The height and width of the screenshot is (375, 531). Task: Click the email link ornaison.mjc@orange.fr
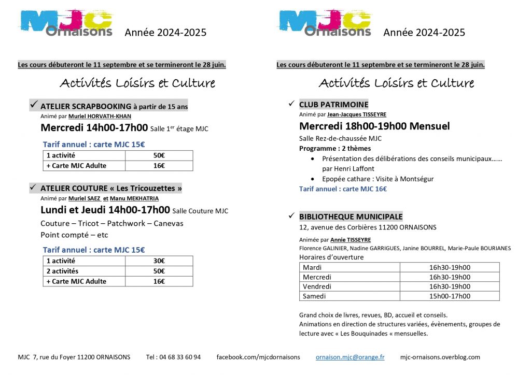[350, 357]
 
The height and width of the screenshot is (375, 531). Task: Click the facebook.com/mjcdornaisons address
[258, 357]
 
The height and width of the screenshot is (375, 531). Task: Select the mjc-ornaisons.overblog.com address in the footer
[440, 357]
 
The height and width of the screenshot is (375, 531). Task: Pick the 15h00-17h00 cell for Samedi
[450, 296]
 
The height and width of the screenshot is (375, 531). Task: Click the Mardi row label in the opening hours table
[312, 267]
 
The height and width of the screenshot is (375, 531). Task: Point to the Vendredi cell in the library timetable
[317, 286]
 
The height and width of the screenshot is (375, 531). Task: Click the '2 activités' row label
[62, 271]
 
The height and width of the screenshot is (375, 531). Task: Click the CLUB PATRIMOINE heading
[333, 104]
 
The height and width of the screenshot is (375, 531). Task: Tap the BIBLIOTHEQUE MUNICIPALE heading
[351, 217]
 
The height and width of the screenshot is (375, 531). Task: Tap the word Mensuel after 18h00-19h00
[429, 126]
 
